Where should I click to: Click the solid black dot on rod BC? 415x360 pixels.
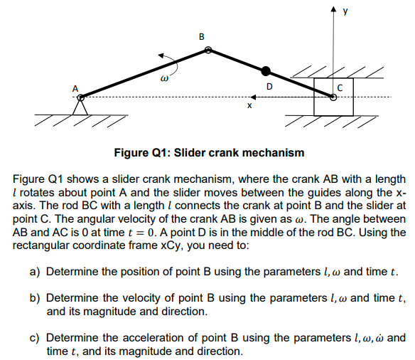click(266, 70)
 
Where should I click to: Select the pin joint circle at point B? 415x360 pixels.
click(207, 50)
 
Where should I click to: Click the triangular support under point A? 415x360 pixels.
click(81, 105)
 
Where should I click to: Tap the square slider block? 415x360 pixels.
click(333, 97)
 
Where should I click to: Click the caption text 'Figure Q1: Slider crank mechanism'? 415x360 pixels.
click(208, 152)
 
